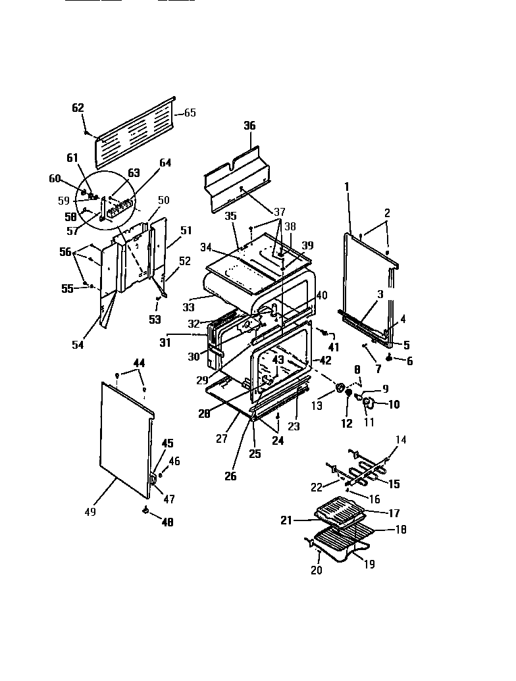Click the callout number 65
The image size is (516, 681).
[x=190, y=113]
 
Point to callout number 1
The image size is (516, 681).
[x=348, y=187]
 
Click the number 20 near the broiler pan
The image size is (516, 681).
[x=317, y=570]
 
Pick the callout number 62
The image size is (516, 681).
[x=78, y=108]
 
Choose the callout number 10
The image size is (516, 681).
[x=394, y=405]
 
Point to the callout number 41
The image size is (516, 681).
[x=334, y=347]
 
